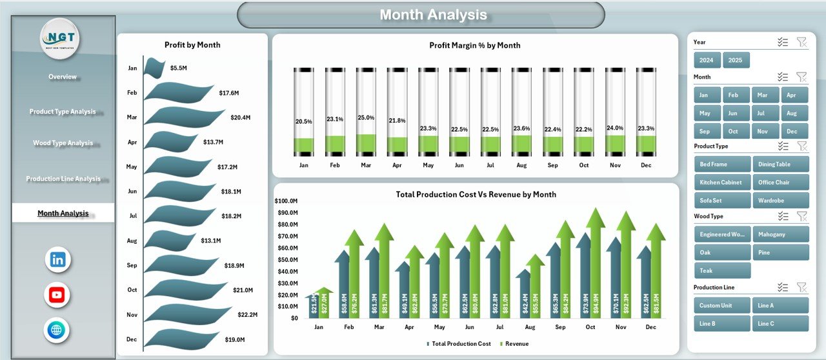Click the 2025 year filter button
point(736,60)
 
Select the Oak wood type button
point(722,252)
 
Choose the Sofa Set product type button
point(722,200)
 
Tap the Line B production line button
point(722,323)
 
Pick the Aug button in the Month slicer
point(794,113)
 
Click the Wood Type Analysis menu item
point(63,143)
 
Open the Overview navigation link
point(63,77)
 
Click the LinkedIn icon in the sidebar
point(57,260)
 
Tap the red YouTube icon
point(57,295)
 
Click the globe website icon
point(57,330)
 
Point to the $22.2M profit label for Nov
point(247,315)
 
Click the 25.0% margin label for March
point(366,117)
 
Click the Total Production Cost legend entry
point(459,344)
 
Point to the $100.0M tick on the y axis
point(287,201)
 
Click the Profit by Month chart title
point(192,45)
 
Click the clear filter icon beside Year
point(801,42)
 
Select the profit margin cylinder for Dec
point(646,112)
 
